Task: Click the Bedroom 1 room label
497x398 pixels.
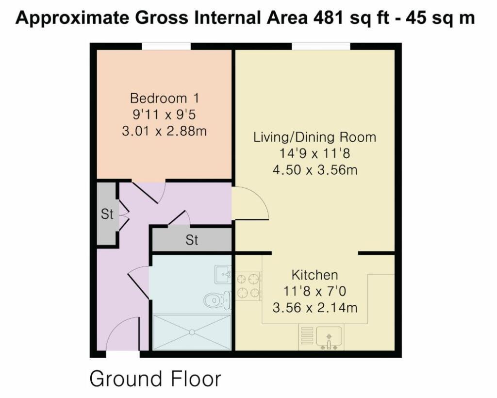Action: (x=165, y=98)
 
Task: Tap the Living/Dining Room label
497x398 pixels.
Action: (x=315, y=137)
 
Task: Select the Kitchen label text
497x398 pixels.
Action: (x=315, y=275)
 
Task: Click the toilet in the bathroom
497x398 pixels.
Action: (x=217, y=300)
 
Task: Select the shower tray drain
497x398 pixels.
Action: (x=192, y=332)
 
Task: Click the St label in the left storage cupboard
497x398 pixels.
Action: (x=107, y=214)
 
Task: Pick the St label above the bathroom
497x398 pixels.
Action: (x=192, y=240)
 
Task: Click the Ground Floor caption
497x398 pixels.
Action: (x=155, y=379)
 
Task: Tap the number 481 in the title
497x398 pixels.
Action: (x=329, y=18)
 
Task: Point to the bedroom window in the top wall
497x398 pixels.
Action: (x=166, y=46)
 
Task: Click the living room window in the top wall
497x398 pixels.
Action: (x=321, y=46)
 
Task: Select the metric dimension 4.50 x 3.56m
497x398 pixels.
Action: (x=315, y=170)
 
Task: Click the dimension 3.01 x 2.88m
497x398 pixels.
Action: (x=164, y=131)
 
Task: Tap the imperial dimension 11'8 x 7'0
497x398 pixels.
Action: (x=315, y=291)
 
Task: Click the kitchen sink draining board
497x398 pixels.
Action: (x=307, y=335)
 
